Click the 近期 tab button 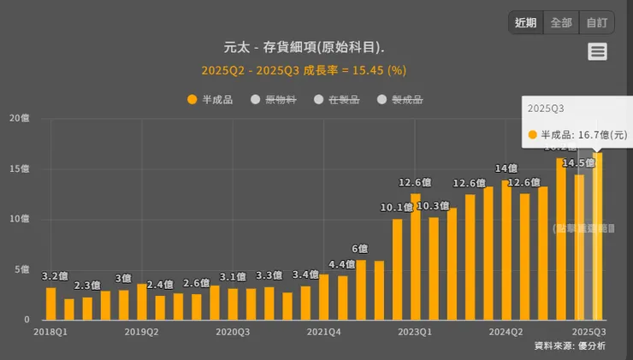(526, 23)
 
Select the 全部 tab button (561, 23)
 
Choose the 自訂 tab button (596, 23)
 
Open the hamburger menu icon (597, 51)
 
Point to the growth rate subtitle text (304, 69)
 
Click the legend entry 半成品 (210, 99)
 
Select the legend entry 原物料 (274, 99)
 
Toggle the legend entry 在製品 (337, 99)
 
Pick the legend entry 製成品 (400, 99)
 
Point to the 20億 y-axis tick (18, 118)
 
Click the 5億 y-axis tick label (21, 269)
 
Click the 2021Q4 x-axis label (323, 331)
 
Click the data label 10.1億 (397, 207)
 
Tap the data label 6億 (360, 248)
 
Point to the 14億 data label (506, 168)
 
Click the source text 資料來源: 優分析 (570, 345)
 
